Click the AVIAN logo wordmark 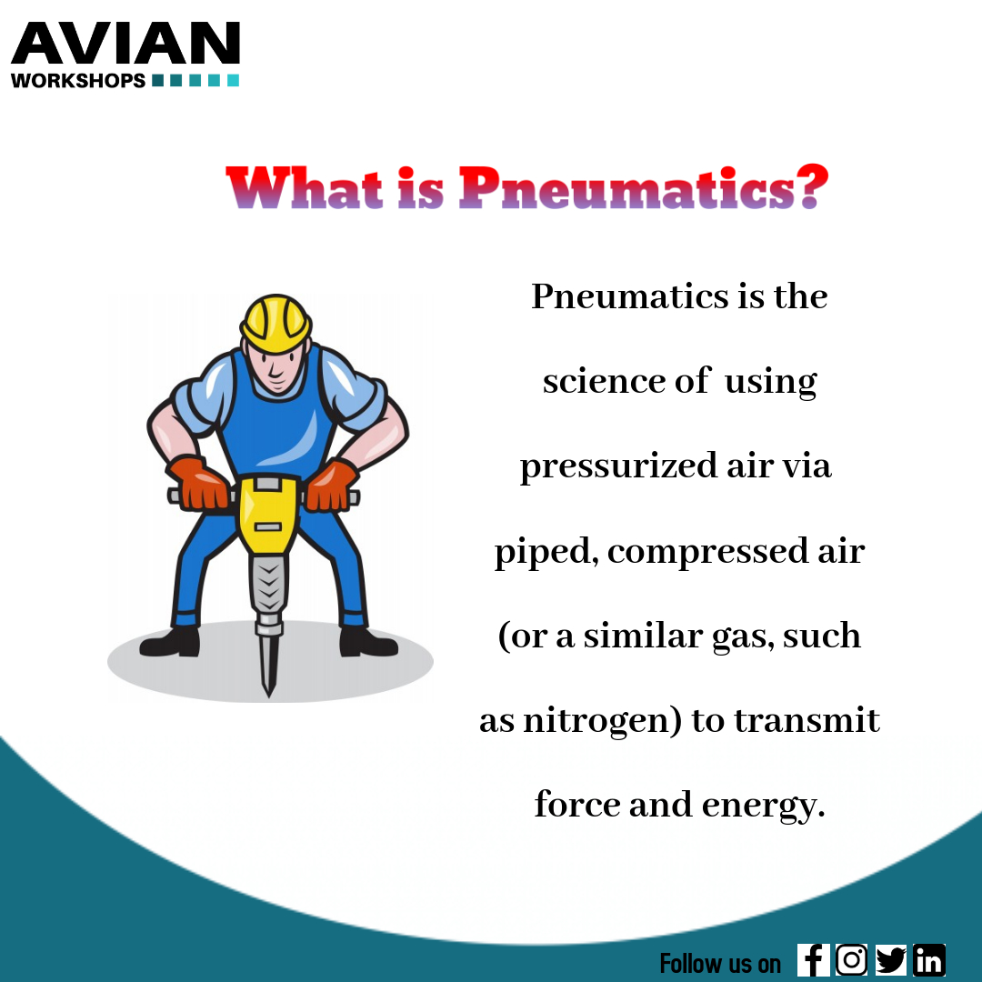click(125, 45)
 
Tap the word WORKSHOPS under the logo click(78, 81)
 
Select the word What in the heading click(305, 189)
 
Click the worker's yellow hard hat click(276, 322)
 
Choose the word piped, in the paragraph click(545, 552)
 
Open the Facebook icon click(813, 960)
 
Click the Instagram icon click(851, 960)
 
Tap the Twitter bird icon click(891, 960)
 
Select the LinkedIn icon click(929, 960)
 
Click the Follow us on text click(719, 963)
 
